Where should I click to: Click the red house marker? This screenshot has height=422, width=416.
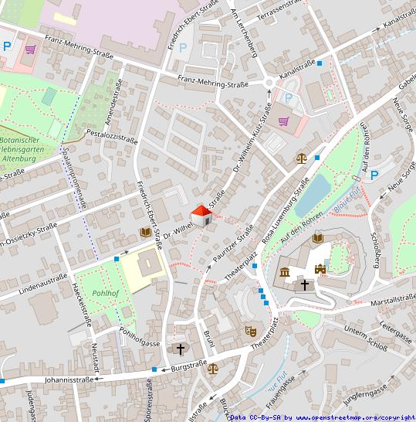point(201,216)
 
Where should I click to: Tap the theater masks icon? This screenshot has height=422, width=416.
point(250,330)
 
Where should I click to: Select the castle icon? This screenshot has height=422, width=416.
point(320,269)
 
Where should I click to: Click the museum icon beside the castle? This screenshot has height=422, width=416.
point(286,272)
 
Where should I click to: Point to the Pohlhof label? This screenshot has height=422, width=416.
point(105,294)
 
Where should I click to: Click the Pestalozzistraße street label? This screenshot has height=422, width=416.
point(112,137)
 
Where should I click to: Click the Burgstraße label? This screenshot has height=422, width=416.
point(191,369)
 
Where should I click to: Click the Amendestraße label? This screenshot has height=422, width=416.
point(113,101)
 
